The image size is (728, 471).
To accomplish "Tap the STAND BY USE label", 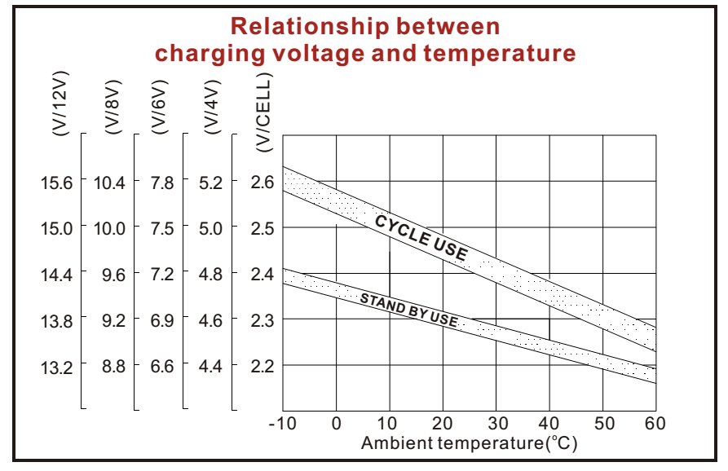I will tap(408, 309).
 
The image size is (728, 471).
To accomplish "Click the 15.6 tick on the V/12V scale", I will tap(57, 183).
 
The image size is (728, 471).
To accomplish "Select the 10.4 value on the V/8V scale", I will tap(109, 183).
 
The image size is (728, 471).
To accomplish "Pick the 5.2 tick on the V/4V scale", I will tap(210, 183).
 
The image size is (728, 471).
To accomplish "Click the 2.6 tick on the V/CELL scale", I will tap(263, 182).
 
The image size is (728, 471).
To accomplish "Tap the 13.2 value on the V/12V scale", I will tap(57, 367).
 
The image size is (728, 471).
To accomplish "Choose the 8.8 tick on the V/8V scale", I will tap(113, 367).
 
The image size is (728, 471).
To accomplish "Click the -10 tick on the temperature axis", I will tap(282, 424).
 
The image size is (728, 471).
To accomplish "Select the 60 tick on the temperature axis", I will tap(655, 424).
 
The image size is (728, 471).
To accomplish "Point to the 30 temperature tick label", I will tap(496, 424).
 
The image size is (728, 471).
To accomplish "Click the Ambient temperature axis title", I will tap(469, 443).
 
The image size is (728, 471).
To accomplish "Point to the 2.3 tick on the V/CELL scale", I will tap(263, 320).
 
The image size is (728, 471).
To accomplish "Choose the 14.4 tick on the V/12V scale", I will tap(57, 275).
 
